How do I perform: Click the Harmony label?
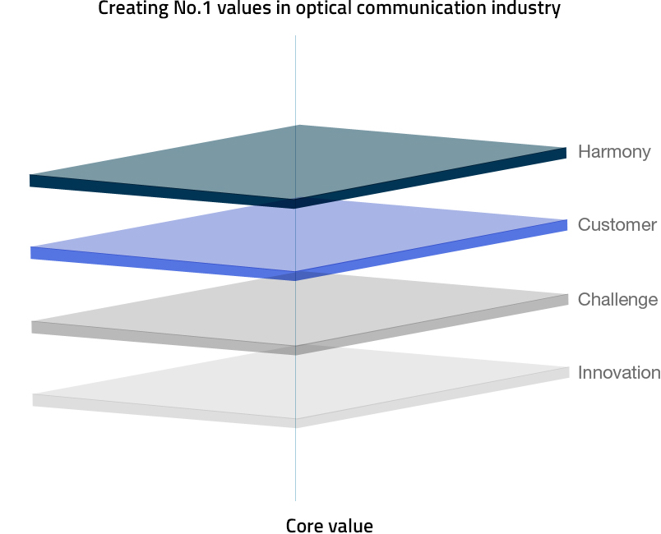[614, 152]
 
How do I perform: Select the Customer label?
[617, 225]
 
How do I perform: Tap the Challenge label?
[617, 300]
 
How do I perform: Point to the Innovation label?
[619, 373]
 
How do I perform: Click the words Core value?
[329, 526]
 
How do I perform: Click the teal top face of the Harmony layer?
[297, 162]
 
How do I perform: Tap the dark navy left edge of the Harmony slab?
[162, 191]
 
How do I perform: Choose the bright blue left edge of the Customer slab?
[163, 264]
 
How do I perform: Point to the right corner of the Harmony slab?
[566, 148]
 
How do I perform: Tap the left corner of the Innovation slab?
[33, 394]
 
